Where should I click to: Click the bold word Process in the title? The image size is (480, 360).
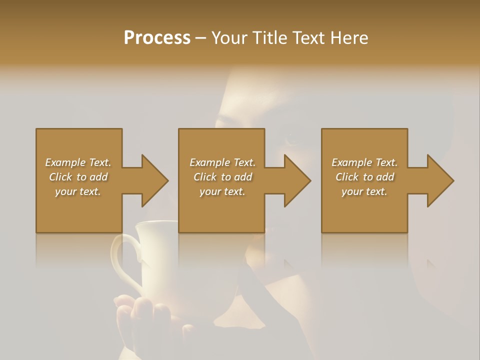157,37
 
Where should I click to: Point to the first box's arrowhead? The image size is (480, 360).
154,180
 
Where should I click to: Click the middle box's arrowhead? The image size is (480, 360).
297,180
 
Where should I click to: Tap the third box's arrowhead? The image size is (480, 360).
440,180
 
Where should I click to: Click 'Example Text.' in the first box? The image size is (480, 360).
78,162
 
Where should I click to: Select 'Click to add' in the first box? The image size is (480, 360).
78,177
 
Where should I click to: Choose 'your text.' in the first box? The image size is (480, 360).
78,191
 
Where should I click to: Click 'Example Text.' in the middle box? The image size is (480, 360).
222,162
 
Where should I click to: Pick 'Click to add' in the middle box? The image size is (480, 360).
222,177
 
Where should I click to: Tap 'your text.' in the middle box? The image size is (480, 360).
222,191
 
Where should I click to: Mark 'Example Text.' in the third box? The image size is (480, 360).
364,162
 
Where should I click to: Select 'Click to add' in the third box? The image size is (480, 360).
364,177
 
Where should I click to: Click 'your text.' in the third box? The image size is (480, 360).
364,191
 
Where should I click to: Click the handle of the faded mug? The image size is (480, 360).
120,260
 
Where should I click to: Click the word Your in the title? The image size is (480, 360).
230,37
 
